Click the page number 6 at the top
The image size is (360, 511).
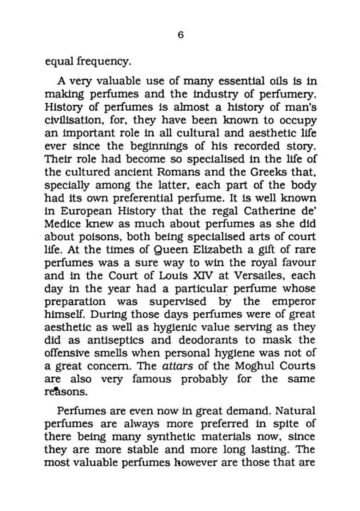coord(180,35)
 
